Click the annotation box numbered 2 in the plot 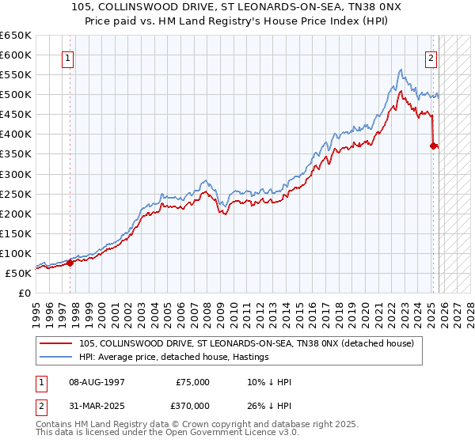(431, 58)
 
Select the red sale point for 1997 (70, 263)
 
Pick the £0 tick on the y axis (25, 293)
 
